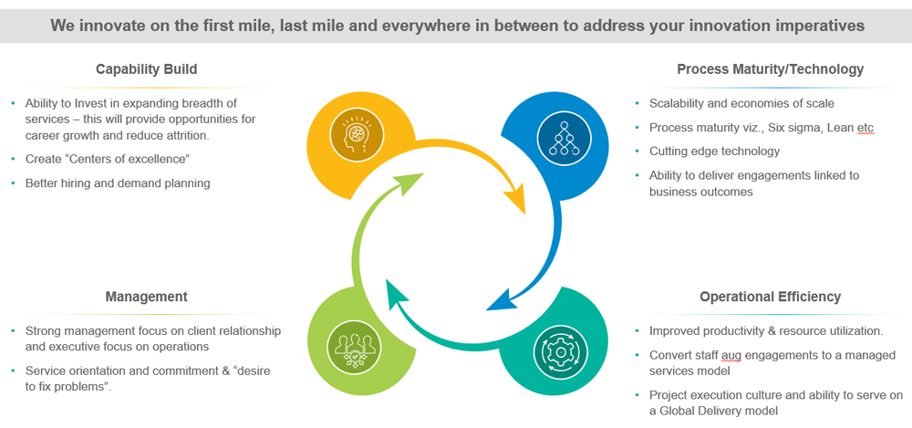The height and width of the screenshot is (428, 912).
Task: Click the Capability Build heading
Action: tap(146, 69)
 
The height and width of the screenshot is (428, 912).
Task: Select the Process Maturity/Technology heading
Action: tap(770, 69)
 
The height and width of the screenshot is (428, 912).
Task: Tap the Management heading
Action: tap(146, 297)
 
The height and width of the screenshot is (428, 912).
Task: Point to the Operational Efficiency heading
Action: tap(770, 297)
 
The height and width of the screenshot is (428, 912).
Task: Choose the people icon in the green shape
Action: tap(353, 348)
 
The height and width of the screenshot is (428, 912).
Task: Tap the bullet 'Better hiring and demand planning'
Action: tap(118, 183)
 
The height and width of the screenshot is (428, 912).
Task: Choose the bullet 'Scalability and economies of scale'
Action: tap(741, 103)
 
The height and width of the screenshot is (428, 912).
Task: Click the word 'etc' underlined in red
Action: tap(865, 128)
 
